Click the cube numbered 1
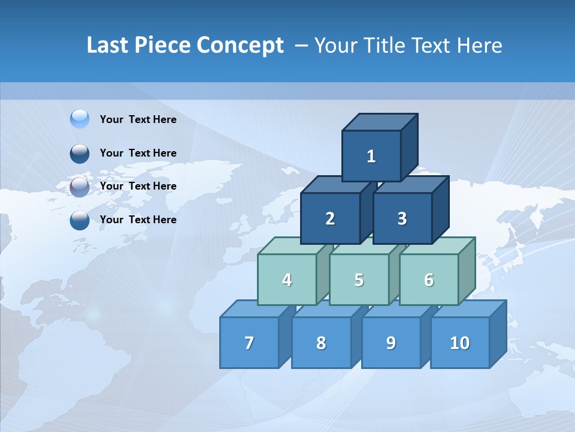coord(371,156)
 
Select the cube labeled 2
coord(330,218)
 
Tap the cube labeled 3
coord(402,218)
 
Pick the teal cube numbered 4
coord(287,280)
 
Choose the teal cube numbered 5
coord(359,280)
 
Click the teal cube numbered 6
coord(428,280)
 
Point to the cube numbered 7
coord(249,343)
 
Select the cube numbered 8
coord(321,343)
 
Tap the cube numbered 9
coord(391,343)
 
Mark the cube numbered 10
coord(459,343)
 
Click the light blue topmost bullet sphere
coord(80,119)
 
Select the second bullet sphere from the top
coord(80,153)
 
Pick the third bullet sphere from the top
coord(80,187)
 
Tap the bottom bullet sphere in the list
coord(80,220)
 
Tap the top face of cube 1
coord(380,122)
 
